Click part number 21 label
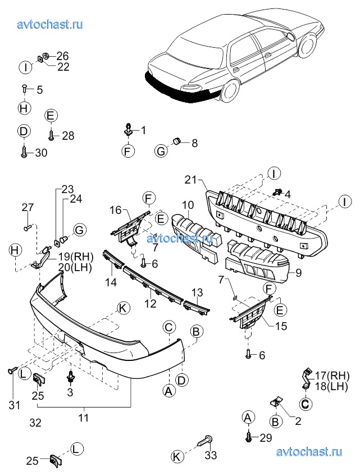[x=190, y=180]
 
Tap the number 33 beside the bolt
[x=211, y=455]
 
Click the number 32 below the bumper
[x=35, y=423]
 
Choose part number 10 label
[x=187, y=207]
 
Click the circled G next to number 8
[x=161, y=150]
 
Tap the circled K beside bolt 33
[x=177, y=457]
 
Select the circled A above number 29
[x=247, y=417]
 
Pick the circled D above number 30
[x=23, y=132]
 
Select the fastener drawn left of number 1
[x=129, y=130]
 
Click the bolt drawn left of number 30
[x=24, y=152]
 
